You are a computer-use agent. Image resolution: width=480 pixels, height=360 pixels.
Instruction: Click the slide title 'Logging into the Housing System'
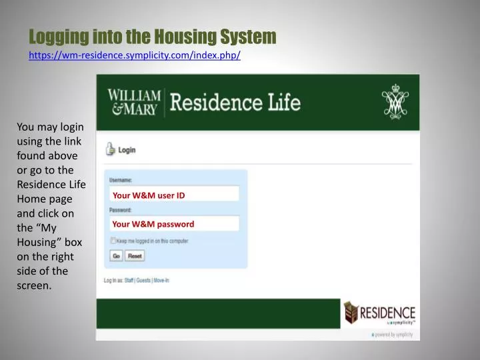pyautogui.click(x=153, y=36)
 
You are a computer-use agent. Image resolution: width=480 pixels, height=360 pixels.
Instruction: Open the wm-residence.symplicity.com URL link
pyautogui.click(x=135, y=55)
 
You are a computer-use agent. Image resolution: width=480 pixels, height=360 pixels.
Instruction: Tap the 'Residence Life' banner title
pyautogui.click(x=235, y=103)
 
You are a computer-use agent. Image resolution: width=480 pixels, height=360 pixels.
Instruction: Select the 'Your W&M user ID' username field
pyautogui.click(x=174, y=195)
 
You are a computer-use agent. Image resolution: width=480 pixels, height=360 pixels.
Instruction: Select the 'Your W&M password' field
pyautogui.click(x=174, y=224)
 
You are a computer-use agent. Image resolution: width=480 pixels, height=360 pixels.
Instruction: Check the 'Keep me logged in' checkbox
pyautogui.click(x=113, y=241)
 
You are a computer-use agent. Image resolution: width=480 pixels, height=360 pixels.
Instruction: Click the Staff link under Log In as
pyautogui.click(x=129, y=281)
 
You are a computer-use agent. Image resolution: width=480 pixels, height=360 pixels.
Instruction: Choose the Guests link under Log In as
pyautogui.click(x=143, y=281)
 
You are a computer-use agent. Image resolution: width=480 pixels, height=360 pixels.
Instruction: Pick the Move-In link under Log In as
pyautogui.click(x=162, y=281)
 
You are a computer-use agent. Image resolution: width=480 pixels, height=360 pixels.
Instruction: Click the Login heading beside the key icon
pyautogui.click(x=127, y=150)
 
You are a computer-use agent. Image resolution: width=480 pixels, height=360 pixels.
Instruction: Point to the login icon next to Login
pyautogui.click(x=110, y=149)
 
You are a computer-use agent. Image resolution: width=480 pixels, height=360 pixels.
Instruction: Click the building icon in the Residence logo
pyautogui.click(x=351, y=312)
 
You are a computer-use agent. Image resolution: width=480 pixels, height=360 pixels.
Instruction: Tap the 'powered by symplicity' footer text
pyautogui.click(x=394, y=334)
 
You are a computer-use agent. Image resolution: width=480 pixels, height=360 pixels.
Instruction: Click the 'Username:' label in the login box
pyautogui.click(x=121, y=181)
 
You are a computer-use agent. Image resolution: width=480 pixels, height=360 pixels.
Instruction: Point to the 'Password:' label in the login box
pyautogui.click(x=121, y=210)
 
